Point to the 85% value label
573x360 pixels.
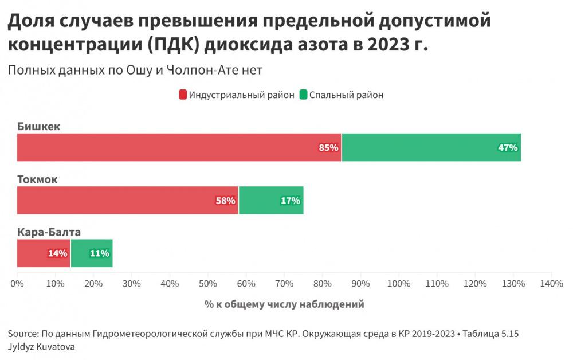tap(329, 148)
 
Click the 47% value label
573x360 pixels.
tap(508, 148)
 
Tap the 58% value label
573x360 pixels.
tap(225, 201)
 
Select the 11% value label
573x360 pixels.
tap(100, 253)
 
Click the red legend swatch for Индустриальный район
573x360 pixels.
tap(183, 95)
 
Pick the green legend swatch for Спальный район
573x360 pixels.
tap(303, 95)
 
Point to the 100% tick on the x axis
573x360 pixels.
tap(399, 284)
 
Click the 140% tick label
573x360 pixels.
tap(551, 284)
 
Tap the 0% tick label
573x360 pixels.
tap(17, 284)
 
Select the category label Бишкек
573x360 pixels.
tap(38, 127)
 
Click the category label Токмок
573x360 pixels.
tap(37, 179)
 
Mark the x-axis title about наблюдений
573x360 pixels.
tap(284, 304)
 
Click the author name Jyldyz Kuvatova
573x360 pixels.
tap(41, 347)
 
